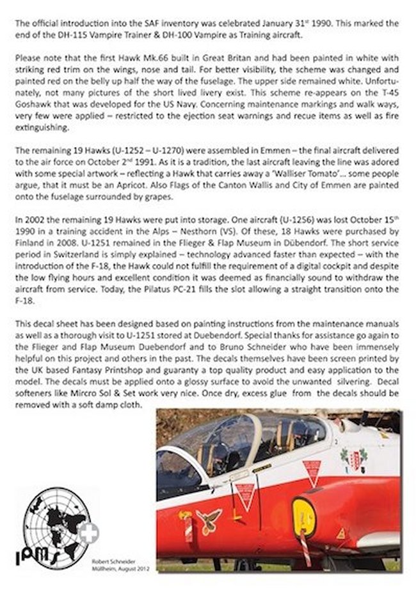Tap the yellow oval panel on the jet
(303, 516)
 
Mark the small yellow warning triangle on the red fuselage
(340, 532)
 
